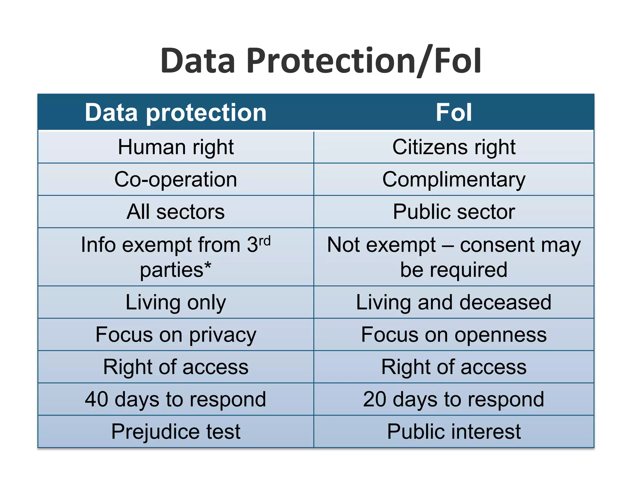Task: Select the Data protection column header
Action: click(x=176, y=112)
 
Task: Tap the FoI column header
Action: click(x=454, y=112)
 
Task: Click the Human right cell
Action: click(x=176, y=147)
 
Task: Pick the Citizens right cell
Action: click(x=454, y=147)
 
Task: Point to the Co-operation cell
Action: click(x=176, y=180)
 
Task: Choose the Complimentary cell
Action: click(x=454, y=180)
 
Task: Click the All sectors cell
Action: click(x=176, y=212)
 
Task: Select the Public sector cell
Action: click(x=454, y=212)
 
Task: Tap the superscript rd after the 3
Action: click(x=265, y=241)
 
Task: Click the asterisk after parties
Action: click(x=208, y=267)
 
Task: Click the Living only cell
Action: click(x=176, y=303)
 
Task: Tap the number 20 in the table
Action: click(x=375, y=399)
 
